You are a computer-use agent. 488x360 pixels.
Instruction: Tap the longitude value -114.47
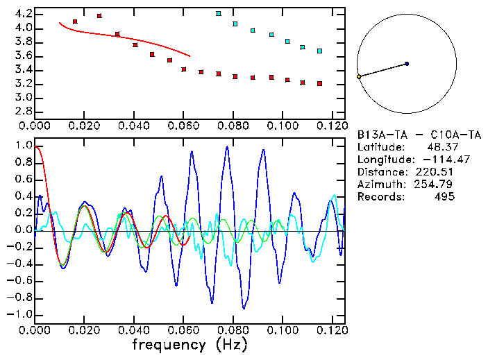coord(436,160)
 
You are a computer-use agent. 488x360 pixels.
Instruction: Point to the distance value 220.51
coord(436,172)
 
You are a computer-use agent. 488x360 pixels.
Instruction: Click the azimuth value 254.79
coord(436,185)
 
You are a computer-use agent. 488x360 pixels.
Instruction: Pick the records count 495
coord(445,197)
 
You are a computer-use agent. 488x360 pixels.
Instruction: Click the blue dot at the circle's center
coord(407,64)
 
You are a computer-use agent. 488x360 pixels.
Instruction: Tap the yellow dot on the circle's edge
coord(359,76)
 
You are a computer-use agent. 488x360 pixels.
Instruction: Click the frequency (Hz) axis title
coord(190,345)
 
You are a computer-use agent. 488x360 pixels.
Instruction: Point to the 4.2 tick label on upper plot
coord(22,14)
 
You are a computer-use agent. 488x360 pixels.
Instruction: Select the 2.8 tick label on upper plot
coord(22,111)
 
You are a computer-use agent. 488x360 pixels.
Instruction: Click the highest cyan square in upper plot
coord(219,13)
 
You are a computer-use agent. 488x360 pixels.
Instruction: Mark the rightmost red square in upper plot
coord(319,83)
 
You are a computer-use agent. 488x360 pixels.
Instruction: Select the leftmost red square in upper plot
coord(75,22)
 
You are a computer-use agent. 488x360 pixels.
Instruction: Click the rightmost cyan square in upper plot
coord(319,51)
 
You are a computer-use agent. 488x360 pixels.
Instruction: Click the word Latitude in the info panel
coord(380,147)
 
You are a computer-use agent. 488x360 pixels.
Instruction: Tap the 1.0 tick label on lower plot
coord(22,146)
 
